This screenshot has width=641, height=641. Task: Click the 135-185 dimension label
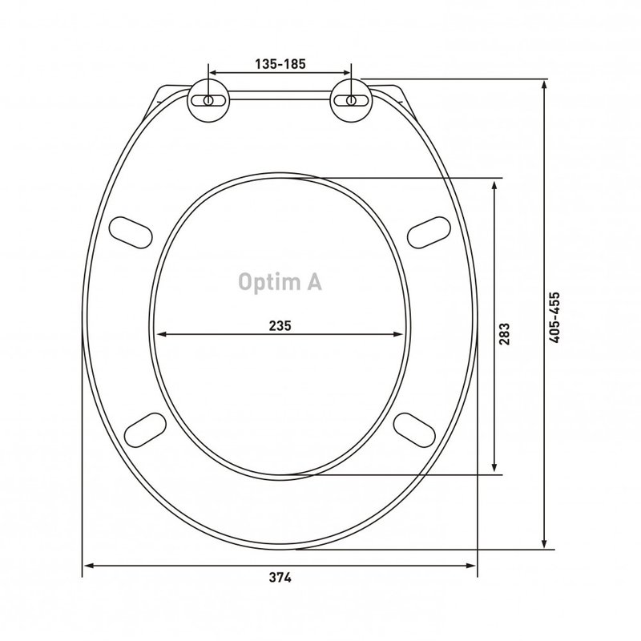[x=280, y=64]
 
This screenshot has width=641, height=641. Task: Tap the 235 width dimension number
[x=280, y=326]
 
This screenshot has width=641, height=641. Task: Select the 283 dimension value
[x=505, y=334]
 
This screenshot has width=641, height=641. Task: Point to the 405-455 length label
[x=554, y=317]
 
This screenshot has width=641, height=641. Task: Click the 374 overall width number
[x=280, y=578]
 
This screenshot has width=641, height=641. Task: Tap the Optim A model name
[x=280, y=282]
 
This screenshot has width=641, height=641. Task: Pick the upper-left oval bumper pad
[x=131, y=232]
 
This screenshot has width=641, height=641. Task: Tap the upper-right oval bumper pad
[x=429, y=232]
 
